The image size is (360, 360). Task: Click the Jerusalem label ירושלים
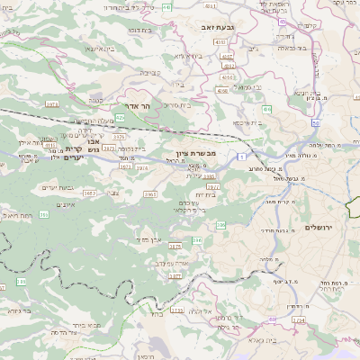click(x=319, y=228)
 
